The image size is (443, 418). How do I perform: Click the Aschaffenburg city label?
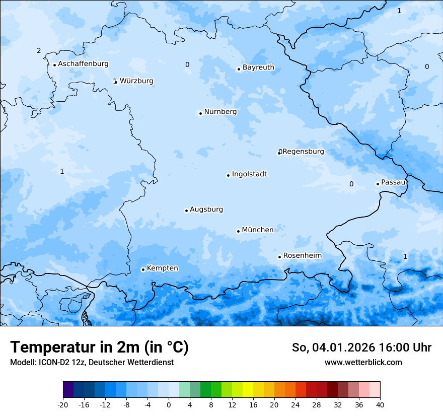click(x=83, y=64)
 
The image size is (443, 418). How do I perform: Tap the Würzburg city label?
click(x=136, y=81)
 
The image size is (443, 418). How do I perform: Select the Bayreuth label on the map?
click(x=258, y=67)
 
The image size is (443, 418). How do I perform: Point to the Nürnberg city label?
click(x=220, y=112)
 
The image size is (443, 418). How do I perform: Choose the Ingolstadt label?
click(x=249, y=174)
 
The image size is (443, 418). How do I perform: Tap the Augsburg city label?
click(x=206, y=210)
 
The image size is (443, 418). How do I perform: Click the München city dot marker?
click(x=238, y=231)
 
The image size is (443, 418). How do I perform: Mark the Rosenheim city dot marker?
click(x=279, y=257)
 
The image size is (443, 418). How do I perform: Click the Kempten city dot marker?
click(x=143, y=269)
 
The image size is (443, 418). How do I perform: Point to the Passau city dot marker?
click(x=378, y=184)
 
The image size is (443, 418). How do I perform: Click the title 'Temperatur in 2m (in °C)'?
click(x=99, y=347)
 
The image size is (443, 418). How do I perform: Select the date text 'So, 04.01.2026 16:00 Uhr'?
click(x=361, y=347)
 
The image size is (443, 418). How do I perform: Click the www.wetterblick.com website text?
click(x=363, y=362)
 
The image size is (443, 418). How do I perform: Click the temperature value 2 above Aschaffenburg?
click(x=39, y=50)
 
